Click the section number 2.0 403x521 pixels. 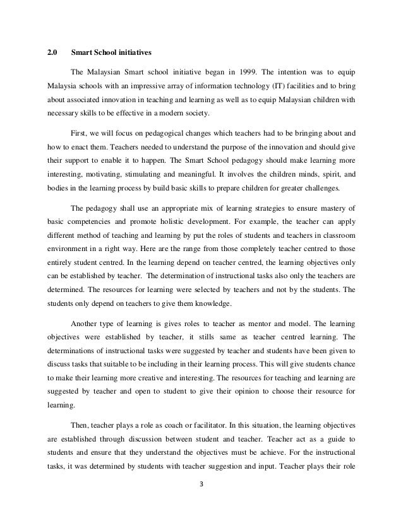(52, 52)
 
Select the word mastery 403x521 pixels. (332, 211)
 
